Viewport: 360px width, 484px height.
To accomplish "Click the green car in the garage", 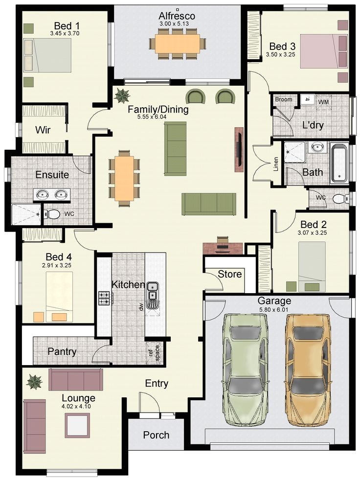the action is (x=246, y=370).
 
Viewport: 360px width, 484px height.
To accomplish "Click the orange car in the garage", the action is (x=308, y=370).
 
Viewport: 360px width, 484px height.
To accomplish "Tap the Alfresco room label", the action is (x=177, y=16).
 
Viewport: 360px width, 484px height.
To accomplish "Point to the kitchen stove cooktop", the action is (x=104, y=298).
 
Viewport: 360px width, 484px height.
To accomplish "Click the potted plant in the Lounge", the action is (x=35, y=382).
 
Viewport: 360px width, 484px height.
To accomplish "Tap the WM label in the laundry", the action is (x=323, y=102).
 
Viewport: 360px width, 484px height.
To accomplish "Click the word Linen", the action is (x=276, y=164).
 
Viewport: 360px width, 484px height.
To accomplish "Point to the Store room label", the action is (x=230, y=274).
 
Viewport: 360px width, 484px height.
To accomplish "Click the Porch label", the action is (x=156, y=435).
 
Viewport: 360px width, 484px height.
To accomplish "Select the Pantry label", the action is (x=62, y=351).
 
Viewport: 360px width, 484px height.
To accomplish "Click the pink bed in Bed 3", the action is (x=324, y=51).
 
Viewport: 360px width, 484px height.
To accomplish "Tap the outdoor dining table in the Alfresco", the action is (x=177, y=44).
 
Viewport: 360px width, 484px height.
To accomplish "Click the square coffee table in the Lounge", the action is (x=77, y=426).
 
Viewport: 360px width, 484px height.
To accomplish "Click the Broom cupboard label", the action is (x=284, y=99).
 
